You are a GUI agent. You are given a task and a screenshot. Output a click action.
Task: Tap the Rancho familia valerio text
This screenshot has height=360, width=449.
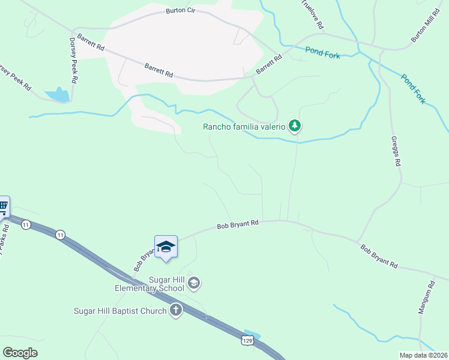click(x=244, y=127)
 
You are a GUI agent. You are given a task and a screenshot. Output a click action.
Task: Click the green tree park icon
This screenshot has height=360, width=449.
click(x=294, y=126)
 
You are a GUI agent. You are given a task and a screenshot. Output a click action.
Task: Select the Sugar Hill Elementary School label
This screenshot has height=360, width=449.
click(x=149, y=284)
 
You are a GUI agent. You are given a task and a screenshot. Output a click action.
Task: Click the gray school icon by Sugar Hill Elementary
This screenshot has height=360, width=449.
click(x=194, y=282)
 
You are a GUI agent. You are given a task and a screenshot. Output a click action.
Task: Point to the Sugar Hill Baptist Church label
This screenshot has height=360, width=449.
click(x=119, y=311)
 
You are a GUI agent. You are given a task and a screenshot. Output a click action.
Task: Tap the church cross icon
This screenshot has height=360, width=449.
click(x=175, y=311)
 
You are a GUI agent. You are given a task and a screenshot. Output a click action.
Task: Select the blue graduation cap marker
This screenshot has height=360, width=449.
click(x=166, y=247)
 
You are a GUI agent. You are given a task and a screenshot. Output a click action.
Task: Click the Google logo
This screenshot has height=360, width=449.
click(x=20, y=353)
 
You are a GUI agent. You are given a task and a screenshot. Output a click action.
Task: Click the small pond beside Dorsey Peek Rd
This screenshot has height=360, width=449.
click(x=58, y=95)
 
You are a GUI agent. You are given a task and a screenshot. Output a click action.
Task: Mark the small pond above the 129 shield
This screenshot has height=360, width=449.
click(x=253, y=334)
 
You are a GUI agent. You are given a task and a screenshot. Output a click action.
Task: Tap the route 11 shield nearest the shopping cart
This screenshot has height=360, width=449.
click(x=26, y=224)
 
